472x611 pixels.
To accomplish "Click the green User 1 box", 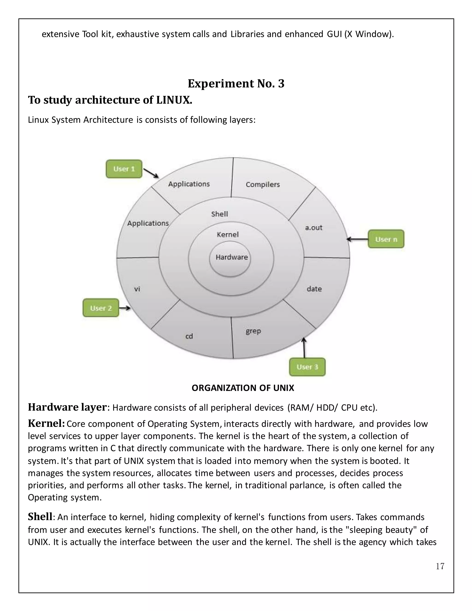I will pos(124,169).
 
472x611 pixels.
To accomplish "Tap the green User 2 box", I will pos(101,308).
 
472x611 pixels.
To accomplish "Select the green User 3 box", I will pos(307,367).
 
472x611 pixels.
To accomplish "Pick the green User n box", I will pos(386,239).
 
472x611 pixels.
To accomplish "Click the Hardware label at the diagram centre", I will pos(232,257).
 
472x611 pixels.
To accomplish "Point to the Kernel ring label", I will pos(228,234).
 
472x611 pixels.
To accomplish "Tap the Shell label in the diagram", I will pos(219,214).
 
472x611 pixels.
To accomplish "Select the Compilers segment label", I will pos(263,184).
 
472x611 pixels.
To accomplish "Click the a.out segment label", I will pos(313,228).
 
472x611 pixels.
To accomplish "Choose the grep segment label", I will pos(253,331).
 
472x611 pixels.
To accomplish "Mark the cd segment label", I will pos(189,336).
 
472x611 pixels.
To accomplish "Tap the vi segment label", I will pos(137,289).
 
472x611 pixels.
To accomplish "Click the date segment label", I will pos(314,289).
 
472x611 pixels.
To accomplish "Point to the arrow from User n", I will pos(357,239).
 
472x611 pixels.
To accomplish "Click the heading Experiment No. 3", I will pos(236,83).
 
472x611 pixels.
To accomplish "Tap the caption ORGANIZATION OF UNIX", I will pos(243,388).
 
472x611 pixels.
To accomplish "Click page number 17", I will pos(440,566).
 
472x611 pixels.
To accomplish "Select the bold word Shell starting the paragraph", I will pos(40,517).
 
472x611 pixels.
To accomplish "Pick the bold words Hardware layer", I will pos(67,407).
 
